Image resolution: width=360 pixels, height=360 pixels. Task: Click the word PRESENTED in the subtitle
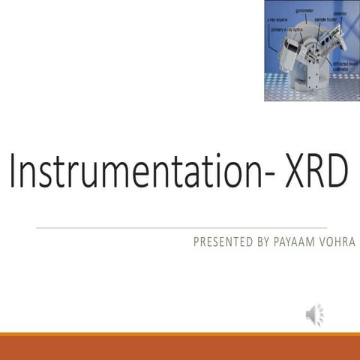(x=220, y=241)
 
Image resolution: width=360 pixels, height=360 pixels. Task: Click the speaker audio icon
(x=314, y=315)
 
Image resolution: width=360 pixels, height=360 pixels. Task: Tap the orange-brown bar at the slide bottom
(x=180, y=347)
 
